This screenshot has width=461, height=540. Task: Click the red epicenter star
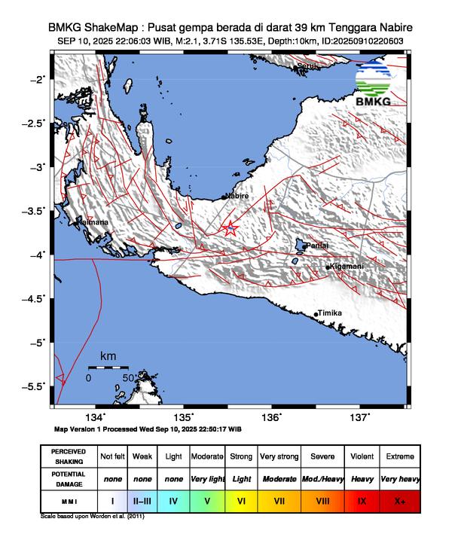tap(230, 227)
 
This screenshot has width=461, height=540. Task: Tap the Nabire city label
tap(237, 196)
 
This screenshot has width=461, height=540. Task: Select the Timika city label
tap(330, 313)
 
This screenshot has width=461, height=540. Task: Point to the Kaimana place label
tap(92, 222)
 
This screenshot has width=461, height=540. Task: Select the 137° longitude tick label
tap(359, 417)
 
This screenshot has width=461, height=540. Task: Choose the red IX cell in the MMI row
tap(362, 499)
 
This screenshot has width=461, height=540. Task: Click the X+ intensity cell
tap(400, 499)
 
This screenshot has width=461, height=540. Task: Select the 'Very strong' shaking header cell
tap(278, 456)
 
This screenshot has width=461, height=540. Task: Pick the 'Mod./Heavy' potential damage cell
tap(323, 478)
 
